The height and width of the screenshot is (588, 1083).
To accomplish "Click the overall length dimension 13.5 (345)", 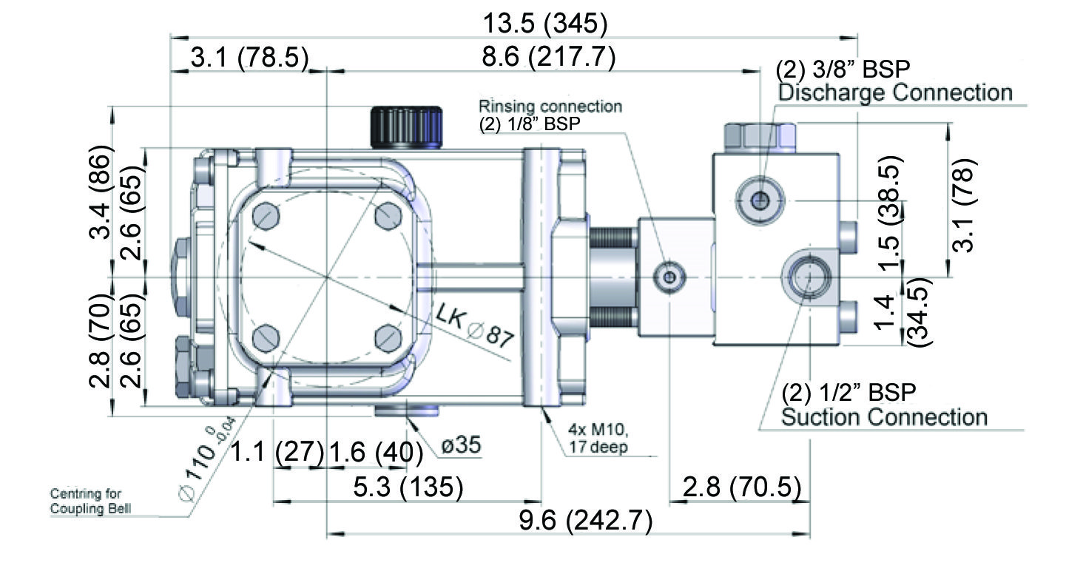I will click(x=545, y=24).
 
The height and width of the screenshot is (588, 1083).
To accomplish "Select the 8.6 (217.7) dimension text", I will click(x=547, y=56).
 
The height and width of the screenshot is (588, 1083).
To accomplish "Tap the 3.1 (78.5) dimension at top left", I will click(x=249, y=58).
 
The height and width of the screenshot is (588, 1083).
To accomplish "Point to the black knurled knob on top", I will click(x=405, y=127).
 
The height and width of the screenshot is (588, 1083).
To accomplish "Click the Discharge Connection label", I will click(x=895, y=93).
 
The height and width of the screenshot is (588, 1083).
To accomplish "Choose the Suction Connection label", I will click(x=884, y=417).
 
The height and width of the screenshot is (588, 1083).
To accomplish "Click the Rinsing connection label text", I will click(x=550, y=107).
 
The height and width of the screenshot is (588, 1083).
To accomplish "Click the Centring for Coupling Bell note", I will click(x=86, y=501).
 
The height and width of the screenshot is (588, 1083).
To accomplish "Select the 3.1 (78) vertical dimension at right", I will click(x=961, y=205).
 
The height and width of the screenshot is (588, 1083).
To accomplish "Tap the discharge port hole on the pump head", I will click(x=758, y=198).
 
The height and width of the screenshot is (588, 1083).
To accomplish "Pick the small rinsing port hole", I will click(x=669, y=278).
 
